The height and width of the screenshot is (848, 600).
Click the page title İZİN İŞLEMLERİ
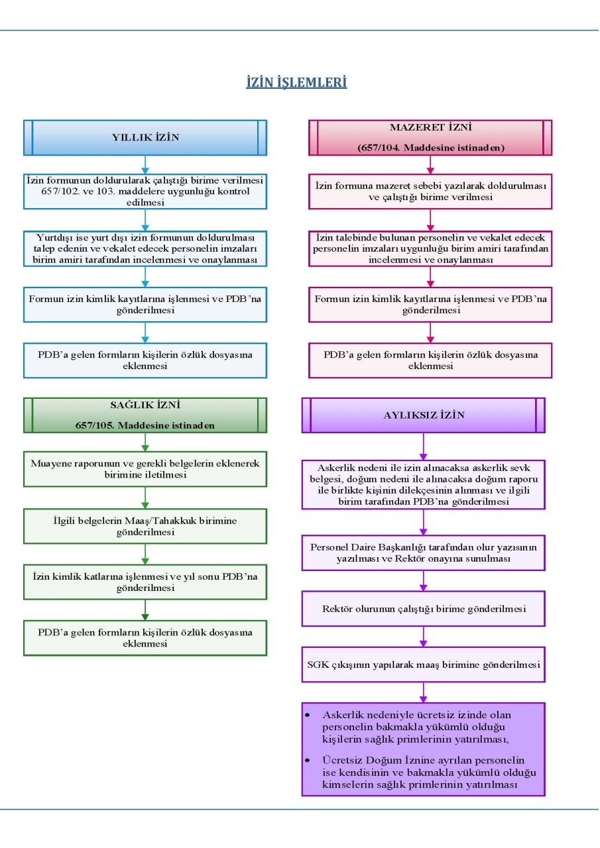pyautogui.click(x=296, y=82)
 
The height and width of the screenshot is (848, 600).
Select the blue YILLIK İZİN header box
pyautogui.click(x=145, y=138)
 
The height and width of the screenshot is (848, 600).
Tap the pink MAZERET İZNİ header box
pyautogui.click(x=430, y=138)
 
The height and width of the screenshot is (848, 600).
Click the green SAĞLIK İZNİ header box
pyautogui.click(x=145, y=415)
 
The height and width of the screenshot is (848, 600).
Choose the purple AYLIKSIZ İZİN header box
pyautogui.click(x=424, y=415)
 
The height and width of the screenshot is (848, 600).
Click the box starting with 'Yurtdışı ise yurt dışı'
pyautogui.click(x=145, y=248)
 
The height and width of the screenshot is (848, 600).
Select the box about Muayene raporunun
pyautogui.click(x=145, y=469)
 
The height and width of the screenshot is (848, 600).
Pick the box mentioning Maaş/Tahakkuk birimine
pyautogui.click(x=145, y=526)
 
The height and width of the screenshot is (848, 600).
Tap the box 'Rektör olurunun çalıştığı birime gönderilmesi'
pyautogui.click(x=424, y=609)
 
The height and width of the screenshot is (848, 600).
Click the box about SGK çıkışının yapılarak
pyautogui.click(x=424, y=664)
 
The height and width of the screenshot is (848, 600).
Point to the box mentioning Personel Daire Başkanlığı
pyautogui.click(x=424, y=553)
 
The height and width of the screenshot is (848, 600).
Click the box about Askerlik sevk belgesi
pyautogui.click(x=424, y=484)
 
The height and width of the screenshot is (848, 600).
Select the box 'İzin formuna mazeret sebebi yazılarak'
pyautogui.click(x=430, y=191)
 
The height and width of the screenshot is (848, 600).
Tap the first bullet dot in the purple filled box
pyautogui.click(x=307, y=715)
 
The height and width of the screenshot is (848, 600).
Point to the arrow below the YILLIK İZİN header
pyautogui.click(x=145, y=165)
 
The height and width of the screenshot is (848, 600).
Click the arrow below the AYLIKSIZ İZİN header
pyautogui.click(x=424, y=447)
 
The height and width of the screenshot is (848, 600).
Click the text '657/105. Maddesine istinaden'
pyautogui.click(x=145, y=425)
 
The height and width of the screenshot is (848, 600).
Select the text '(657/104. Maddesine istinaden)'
pyautogui.click(x=431, y=148)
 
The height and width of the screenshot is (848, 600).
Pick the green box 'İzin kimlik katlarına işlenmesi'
pyautogui.click(x=145, y=582)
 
